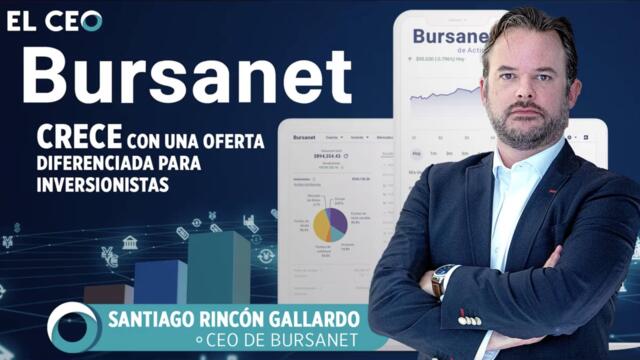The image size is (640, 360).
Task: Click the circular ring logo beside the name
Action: tap(72, 326)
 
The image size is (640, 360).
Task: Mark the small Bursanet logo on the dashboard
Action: tap(304, 137)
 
